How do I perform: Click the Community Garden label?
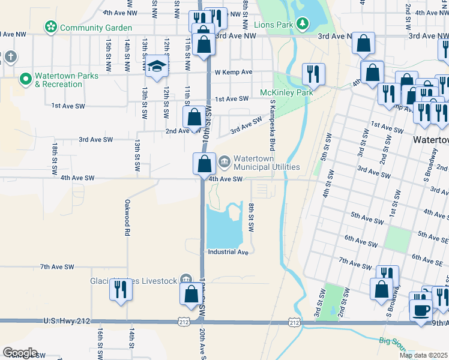tap(95, 28)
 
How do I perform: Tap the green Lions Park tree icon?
tap(304, 24)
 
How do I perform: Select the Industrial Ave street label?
tap(228, 253)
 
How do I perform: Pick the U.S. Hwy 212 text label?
tap(67, 322)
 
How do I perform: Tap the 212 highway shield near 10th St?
tap(184, 322)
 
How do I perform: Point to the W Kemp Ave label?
tap(234, 72)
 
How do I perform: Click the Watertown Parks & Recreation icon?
tap(25, 79)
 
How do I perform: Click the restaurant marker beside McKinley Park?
tap(313, 74)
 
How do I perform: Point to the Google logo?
tap(20, 353)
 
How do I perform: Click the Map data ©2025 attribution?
tap(423, 355)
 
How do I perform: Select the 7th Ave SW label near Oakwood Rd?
tap(57, 266)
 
